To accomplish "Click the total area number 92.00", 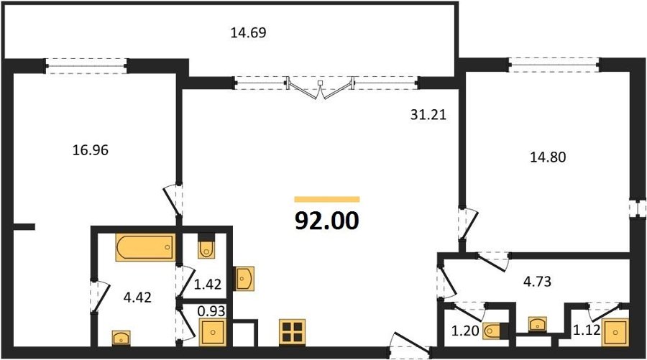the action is [327, 221].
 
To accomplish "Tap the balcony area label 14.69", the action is [248, 32].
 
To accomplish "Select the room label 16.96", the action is [91, 150].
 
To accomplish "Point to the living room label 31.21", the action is [428, 115].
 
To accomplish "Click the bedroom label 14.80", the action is [548, 157].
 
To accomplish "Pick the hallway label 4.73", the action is [537, 282].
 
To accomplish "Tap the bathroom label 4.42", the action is [137, 297].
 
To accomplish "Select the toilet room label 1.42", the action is [208, 284].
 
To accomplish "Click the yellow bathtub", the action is [145, 247].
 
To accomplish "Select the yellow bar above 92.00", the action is [327, 200].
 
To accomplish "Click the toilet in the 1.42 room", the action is [206, 246].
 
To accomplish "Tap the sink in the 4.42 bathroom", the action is [121, 337].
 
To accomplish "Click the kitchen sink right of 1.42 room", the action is [244, 278].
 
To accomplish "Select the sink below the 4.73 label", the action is [537, 324].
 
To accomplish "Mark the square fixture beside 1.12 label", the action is [615, 332].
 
